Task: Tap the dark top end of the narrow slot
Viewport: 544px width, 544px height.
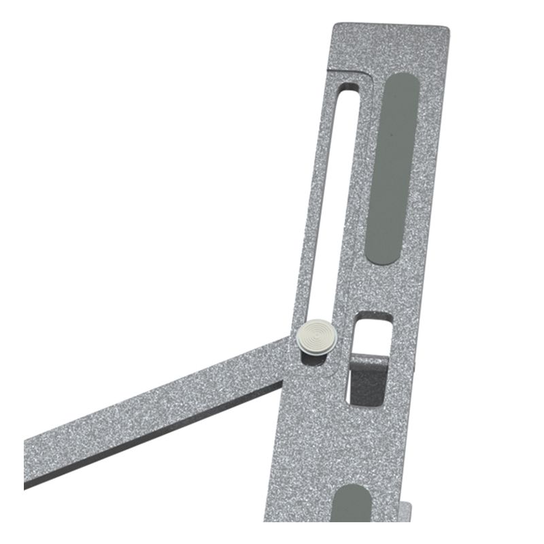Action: tap(347, 89)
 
